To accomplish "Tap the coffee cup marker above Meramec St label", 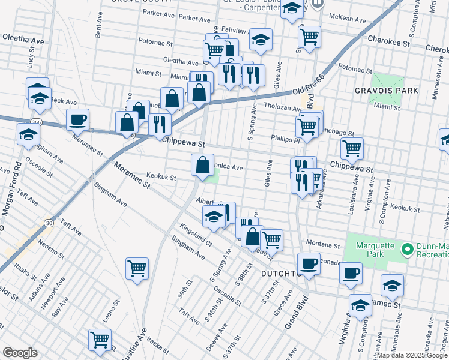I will pos(78,120).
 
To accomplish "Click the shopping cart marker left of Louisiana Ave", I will pos(351,148).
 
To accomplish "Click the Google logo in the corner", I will pos(20,353).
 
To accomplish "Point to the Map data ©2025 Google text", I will pos(412,355).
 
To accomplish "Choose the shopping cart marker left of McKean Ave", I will pos(309,37).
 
